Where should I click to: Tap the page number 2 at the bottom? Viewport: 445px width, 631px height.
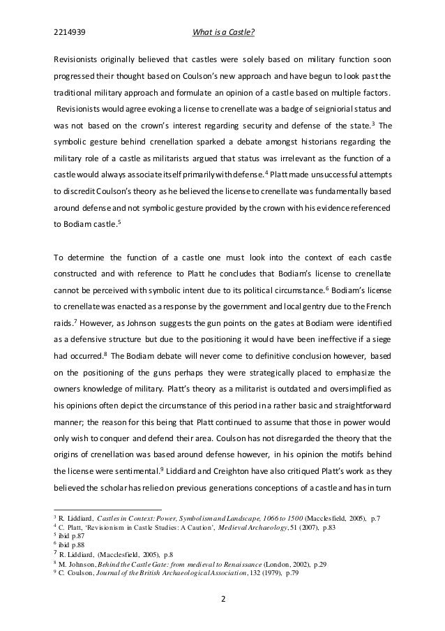[222, 599]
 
